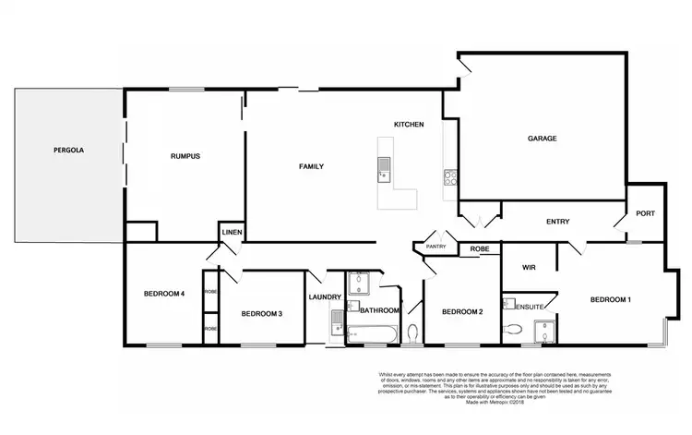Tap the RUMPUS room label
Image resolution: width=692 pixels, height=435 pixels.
pos(185,156)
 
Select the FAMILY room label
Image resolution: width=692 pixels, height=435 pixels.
pos(311,166)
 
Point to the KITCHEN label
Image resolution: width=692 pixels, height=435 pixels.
pos(409,124)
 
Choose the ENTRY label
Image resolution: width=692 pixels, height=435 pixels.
pos(558,221)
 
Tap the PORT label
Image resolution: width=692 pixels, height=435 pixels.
pos(645,213)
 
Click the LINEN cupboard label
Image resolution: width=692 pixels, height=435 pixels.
pos(231,233)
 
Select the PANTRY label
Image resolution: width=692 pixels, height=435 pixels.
pos(435,247)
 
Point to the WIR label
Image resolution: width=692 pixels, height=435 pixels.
pos(529,267)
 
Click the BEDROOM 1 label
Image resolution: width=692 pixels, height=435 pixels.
pos(611,299)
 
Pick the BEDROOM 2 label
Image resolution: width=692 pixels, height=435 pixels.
pos(462,311)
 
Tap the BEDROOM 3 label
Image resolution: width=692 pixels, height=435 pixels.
pos(261,314)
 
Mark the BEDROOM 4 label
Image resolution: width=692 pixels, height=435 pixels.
pos(164,294)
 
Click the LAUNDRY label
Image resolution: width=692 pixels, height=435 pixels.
pos(326,296)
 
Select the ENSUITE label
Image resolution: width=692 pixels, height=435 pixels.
pos(530,306)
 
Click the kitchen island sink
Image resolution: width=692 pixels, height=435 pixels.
pos(383,167)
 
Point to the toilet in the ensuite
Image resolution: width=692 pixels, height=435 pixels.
pos(510,329)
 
